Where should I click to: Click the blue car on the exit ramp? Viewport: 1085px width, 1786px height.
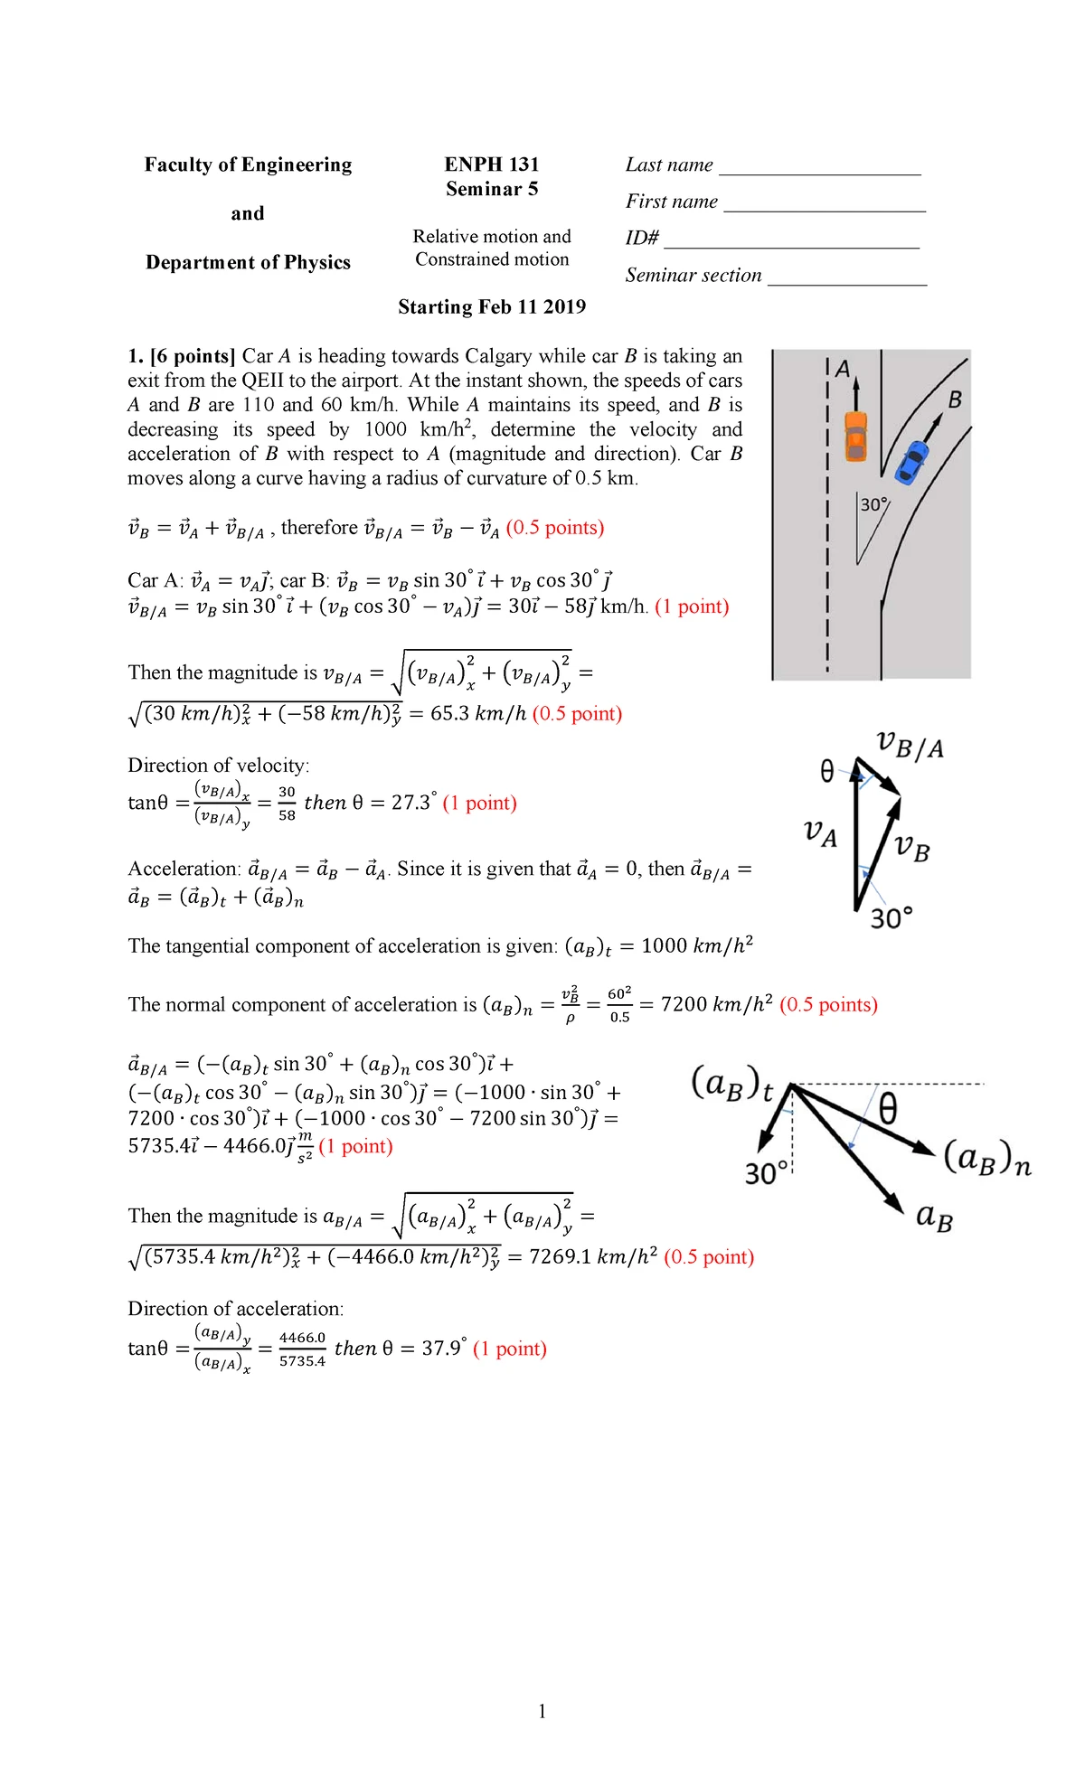[x=911, y=461]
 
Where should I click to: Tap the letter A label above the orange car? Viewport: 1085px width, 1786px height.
[x=843, y=369]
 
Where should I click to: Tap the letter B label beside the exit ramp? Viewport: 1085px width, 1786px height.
[x=954, y=399]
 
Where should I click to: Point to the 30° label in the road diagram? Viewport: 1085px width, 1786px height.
[x=873, y=504]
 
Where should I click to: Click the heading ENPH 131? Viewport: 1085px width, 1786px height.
[x=491, y=164]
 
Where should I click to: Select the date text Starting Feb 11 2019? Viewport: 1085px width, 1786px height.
[x=492, y=307]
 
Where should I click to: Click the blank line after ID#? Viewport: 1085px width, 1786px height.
[x=791, y=245]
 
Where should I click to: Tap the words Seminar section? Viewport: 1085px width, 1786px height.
[x=693, y=276]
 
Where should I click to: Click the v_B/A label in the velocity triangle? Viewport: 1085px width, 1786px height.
[x=910, y=747]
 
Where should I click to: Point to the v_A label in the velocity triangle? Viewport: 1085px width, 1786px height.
[x=820, y=832]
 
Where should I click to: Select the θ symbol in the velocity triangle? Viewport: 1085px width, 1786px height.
[x=826, y=771]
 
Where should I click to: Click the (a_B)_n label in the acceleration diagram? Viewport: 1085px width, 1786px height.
[x=986, y=1159]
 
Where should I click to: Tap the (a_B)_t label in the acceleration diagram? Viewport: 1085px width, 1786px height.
[x=732, y=1084]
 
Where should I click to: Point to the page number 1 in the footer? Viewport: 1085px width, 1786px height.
[x=542, y=1711]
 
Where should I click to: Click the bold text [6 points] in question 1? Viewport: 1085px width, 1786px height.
[x=193, y=356]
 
